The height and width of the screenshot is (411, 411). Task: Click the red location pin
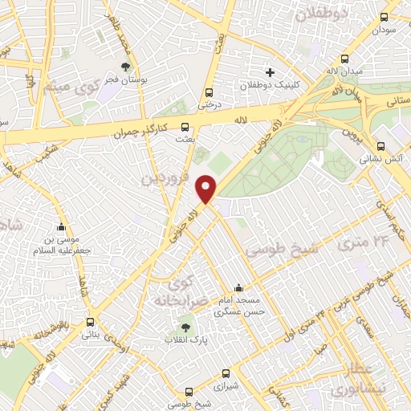(x=206, y=189)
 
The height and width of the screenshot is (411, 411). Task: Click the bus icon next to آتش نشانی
(x=380, y=146)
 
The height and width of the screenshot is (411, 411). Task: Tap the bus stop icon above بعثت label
(x=185, y=126)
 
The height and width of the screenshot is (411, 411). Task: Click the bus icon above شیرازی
(x=226, y=373)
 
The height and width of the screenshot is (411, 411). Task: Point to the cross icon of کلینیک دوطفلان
(x=270, y=72)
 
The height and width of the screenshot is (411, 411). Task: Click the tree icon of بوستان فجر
(x=124, y=67)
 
